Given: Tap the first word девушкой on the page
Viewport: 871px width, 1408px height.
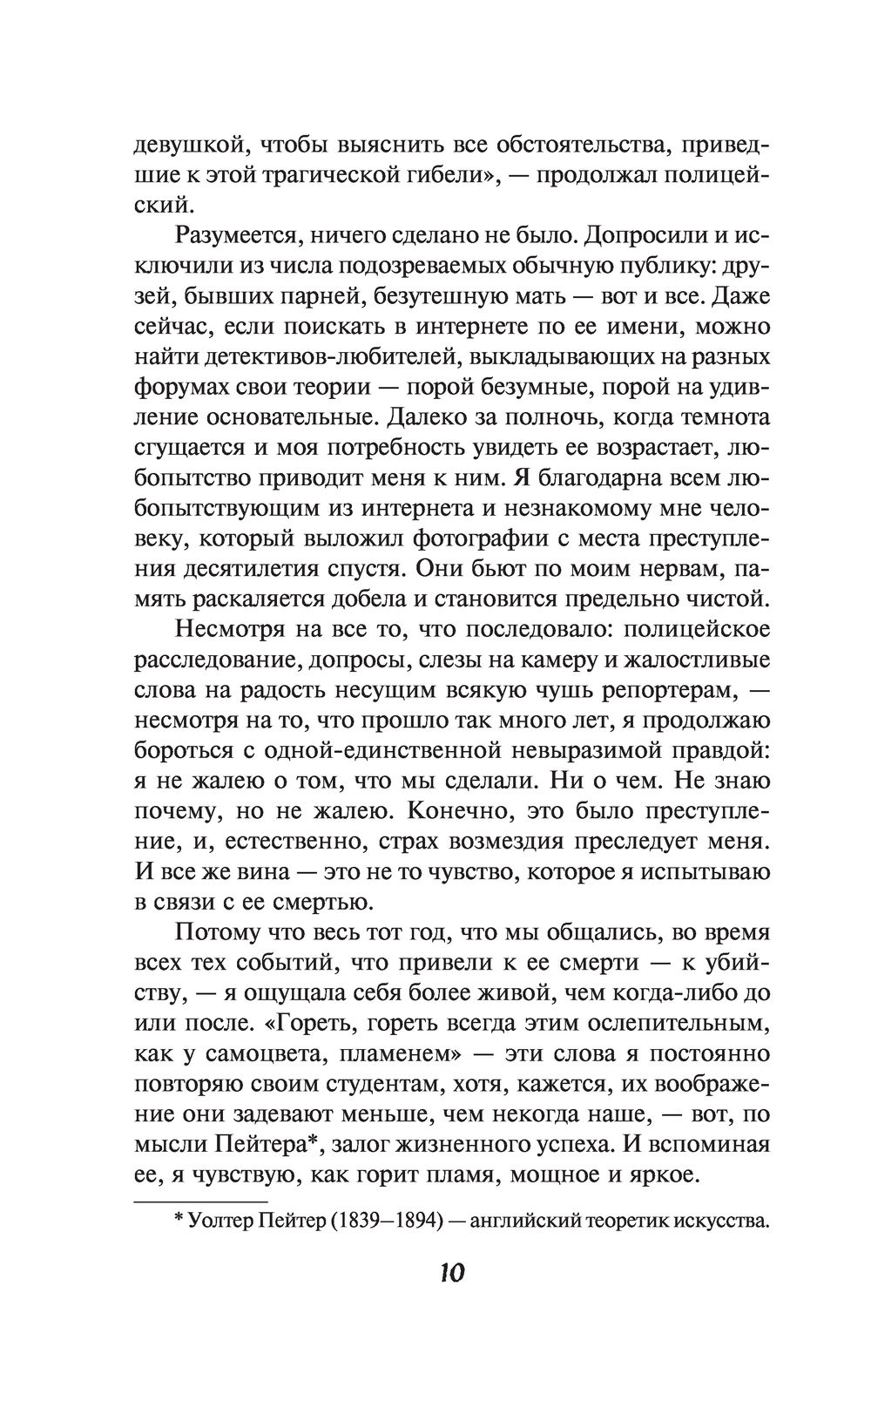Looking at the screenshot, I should [x=180, y=145].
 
